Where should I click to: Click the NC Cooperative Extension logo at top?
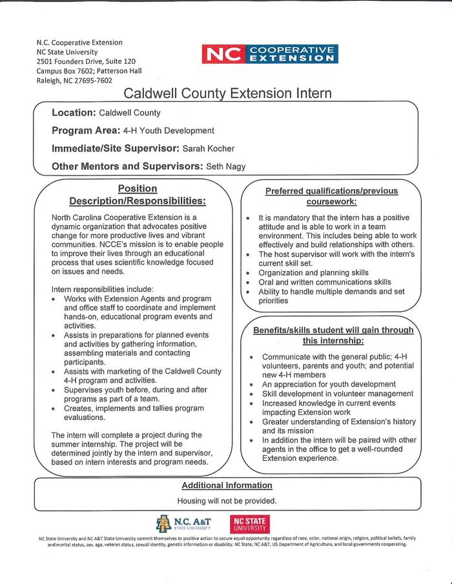click(270, 54)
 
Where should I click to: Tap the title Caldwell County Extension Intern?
click(227, 94)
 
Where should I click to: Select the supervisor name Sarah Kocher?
click(209, 148)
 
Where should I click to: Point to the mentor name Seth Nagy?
click(226, 166)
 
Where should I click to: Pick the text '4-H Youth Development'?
click(169, 130)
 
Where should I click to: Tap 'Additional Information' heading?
click(227, 485)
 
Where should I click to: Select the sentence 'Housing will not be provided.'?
click(227, 501)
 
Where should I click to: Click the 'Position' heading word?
click(138, 188)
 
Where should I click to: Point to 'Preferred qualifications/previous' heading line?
click(332, 191)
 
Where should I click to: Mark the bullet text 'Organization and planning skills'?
click(313, 272)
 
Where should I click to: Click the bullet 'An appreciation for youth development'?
click(329, 384)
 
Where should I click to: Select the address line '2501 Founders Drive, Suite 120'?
click(86, 61)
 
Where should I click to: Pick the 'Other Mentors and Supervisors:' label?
click(127, 166)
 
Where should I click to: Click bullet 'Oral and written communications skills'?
click(325, 282)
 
